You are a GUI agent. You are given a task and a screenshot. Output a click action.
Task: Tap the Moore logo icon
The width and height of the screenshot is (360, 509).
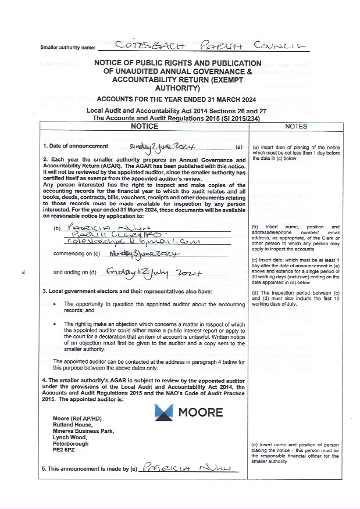coord(165,412)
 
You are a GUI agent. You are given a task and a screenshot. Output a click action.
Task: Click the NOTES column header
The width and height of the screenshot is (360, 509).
coord(296,126)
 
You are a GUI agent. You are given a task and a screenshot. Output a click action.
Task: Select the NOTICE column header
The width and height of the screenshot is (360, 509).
coord(144,126)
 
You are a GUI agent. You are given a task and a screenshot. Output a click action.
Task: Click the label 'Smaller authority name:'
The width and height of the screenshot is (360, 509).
coord(67,46)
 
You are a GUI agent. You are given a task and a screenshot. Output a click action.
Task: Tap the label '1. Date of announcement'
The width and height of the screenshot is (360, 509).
coord(76,146)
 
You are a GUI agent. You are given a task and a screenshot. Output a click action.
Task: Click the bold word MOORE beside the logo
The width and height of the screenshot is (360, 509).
coord(201,412)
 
